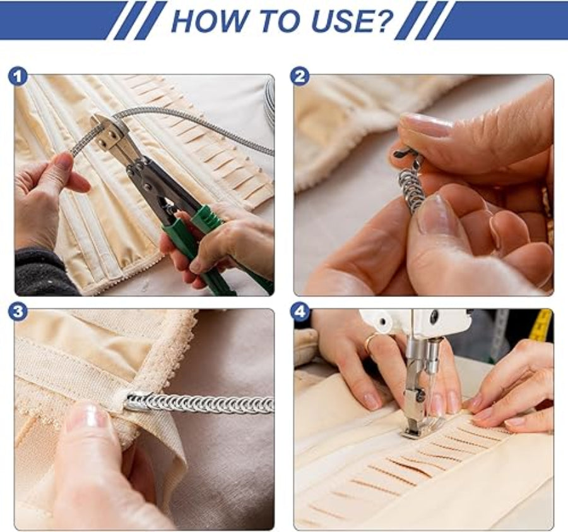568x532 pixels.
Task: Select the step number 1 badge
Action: point(18,77)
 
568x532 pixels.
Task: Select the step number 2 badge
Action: point(300,77)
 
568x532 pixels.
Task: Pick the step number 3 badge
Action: point(18,312)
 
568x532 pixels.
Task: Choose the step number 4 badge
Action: point(300,312)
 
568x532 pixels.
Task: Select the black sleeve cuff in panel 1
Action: point(42,272)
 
